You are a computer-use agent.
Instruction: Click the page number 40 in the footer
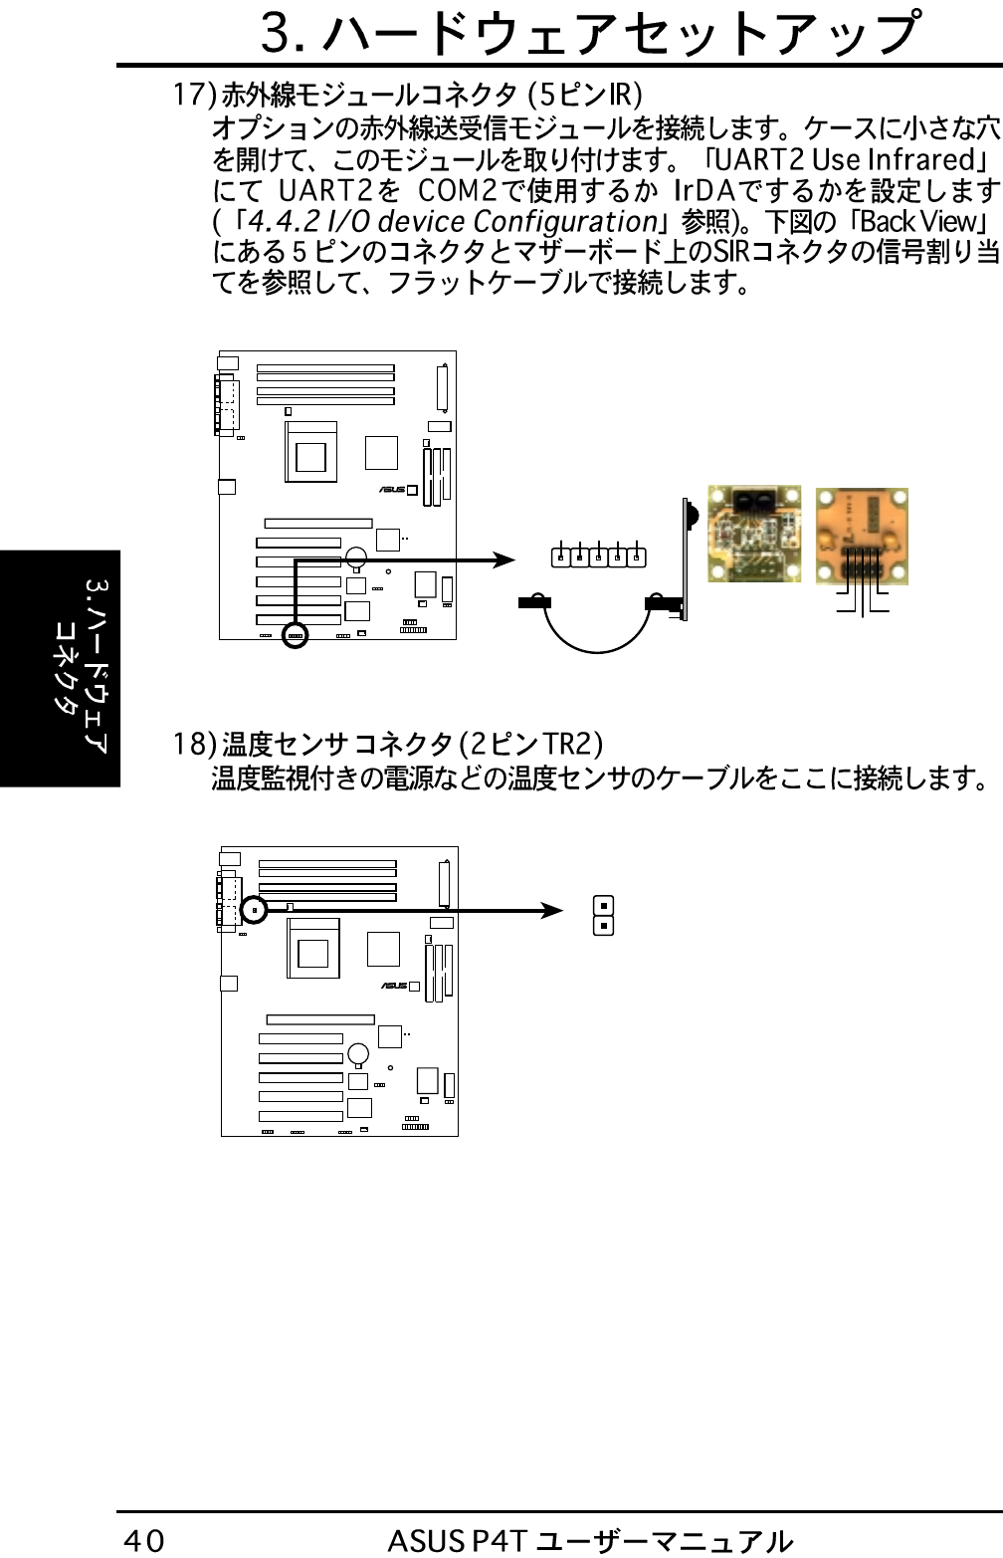coord(144,1540)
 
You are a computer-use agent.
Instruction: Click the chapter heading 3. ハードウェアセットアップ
coord(589,34)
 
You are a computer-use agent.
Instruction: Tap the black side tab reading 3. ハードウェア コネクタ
coord(60,668)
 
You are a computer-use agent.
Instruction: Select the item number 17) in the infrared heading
coord(194,95)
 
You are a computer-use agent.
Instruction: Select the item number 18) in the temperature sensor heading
coord(194,744)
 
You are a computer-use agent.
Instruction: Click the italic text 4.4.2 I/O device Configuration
coord(453,221)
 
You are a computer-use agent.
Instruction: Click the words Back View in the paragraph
coord(919,221)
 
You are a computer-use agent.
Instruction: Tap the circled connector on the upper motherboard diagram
coord(296,634)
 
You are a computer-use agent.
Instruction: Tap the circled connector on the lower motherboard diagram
coord(255,910)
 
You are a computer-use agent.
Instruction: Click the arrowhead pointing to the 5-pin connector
coord(503,560)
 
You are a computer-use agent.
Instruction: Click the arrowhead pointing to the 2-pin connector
coord(552,910)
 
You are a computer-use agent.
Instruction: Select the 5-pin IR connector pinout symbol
coord(598,556)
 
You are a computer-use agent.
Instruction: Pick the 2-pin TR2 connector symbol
coord(603,916)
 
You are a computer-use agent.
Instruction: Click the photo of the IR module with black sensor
coord(754,534)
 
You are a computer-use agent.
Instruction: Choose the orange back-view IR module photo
coord(862,536)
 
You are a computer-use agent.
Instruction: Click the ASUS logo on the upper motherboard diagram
coord(392,489)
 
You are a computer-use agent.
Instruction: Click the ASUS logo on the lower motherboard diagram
coord(394,986)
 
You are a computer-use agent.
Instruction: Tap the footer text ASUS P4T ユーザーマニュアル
coord(590,1540)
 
